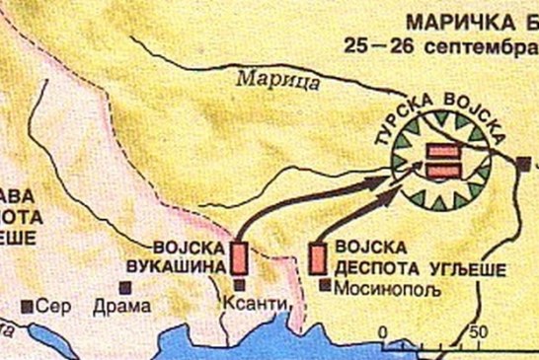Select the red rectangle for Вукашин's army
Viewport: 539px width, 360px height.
(239, 256)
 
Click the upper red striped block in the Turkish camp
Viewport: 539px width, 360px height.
(441, 150)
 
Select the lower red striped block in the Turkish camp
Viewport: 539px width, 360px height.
(441, 171)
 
